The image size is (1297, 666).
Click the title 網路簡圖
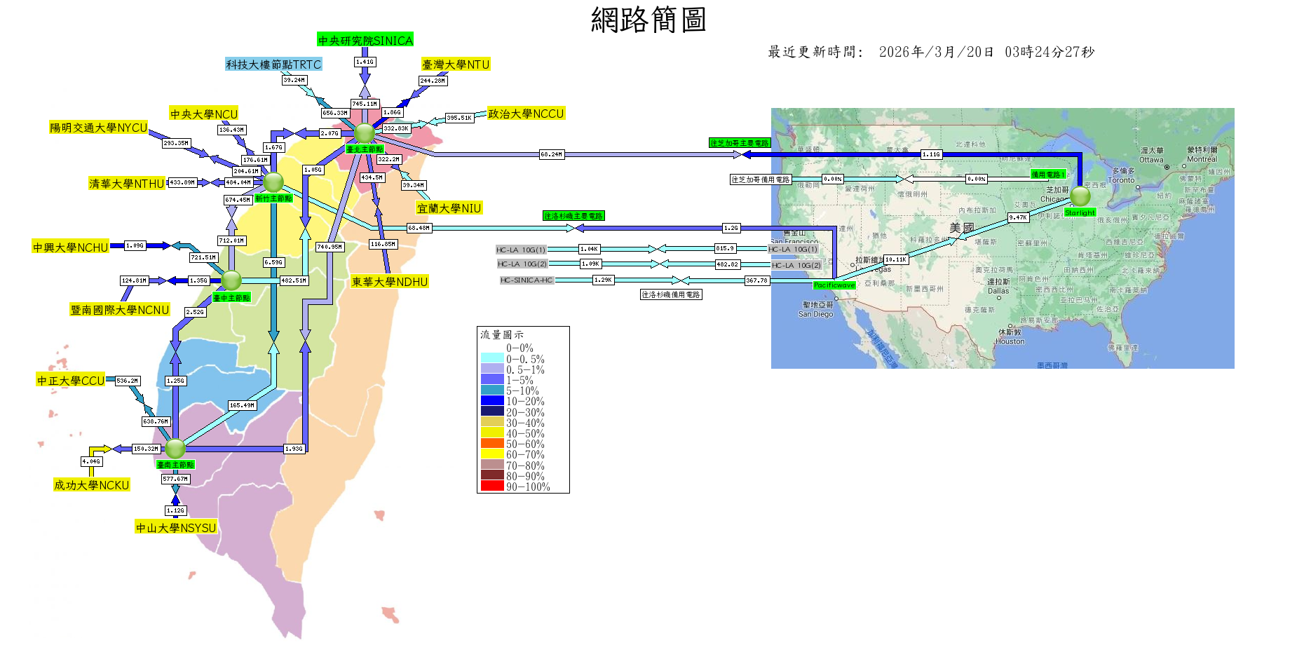[648, 20]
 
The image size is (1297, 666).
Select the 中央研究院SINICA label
[365, 40]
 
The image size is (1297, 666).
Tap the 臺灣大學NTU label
[456, 64]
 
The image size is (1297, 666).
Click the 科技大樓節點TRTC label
[273, 64]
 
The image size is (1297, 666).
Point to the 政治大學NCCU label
[526, 114]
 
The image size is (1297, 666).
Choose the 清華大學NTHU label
[127, 184]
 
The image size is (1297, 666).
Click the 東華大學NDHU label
[390, 282]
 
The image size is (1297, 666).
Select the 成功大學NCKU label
[92, 485]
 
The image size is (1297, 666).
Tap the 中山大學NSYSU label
[176, 528]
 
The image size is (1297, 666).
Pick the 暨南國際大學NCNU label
[120, 310]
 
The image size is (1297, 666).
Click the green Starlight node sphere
[1080, 196]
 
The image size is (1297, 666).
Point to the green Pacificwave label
[834, 285]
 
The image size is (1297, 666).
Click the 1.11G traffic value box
[931, 154]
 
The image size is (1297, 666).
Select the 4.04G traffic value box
[91, 461]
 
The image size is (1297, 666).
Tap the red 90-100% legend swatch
[492, 487]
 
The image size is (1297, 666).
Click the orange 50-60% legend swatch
[492, 444]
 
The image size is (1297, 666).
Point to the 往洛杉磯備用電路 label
[671, 294]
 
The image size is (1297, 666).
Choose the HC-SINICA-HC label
[527, 280]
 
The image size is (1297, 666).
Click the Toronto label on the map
[1121, 180]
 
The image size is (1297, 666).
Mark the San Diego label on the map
[815, 314]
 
